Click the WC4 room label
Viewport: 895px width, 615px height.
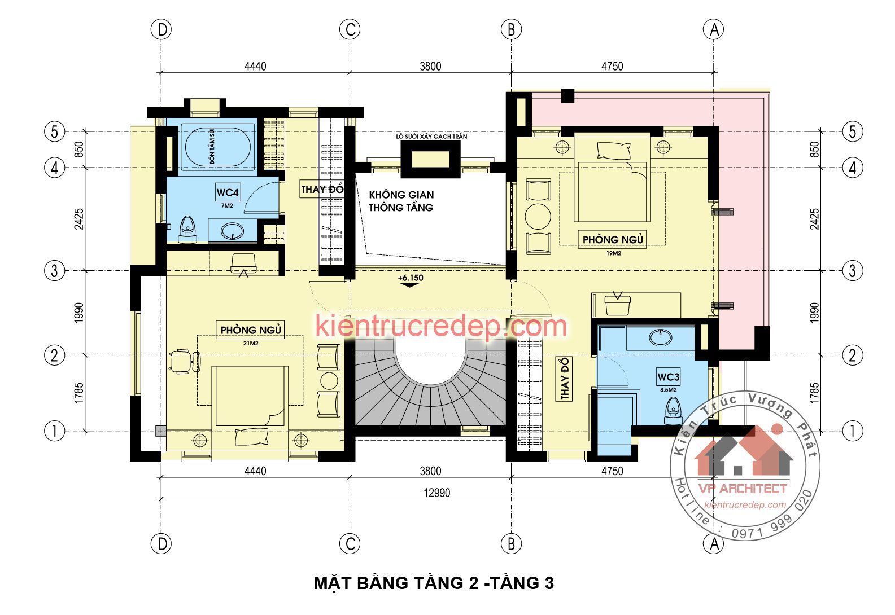pos(228,192)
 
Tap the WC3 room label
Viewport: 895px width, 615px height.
pos(669,377)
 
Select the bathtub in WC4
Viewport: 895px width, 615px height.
pos(218,147)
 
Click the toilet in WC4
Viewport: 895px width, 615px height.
pos(187,230)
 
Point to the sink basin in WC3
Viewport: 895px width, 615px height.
pos(661,337)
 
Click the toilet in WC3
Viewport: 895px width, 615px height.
pos(673,411)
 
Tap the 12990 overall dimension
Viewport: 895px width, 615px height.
pos(436,493)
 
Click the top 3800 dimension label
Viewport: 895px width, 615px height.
pos(430,66)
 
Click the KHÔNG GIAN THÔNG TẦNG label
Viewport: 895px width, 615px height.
pos(401,201)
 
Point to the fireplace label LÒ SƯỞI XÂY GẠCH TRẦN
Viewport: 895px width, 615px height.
pos(431,136)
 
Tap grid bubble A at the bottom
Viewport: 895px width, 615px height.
pos(714,543)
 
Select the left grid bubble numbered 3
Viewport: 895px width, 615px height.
pos(54,271)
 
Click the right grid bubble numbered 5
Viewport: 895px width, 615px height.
pos(853,131)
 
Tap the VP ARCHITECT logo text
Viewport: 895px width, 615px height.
pos(743,489)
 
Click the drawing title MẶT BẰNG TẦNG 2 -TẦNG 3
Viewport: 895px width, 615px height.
pos(434,583)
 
